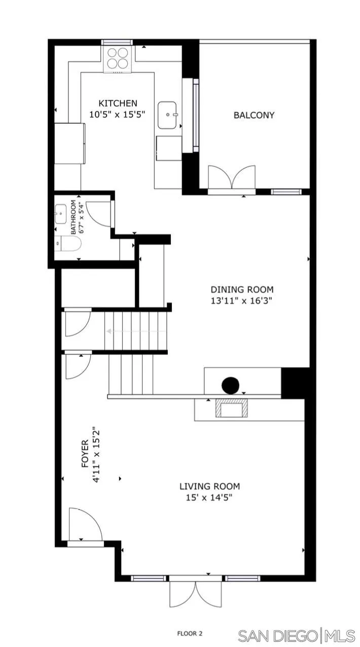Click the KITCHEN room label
[118, 103]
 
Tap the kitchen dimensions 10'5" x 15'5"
[118, 115]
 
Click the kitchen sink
[167, 116]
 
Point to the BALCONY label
[254, 115]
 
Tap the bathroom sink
[61, 214]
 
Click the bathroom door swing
[97, 213]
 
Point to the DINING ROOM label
[242, 290]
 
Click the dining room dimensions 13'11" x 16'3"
[242, 301]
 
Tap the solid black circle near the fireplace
[231, 386]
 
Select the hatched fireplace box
[232, 408]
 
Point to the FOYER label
[85, 453]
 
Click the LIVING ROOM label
[209, 486]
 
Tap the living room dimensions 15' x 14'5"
[209, 497]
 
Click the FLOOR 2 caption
[190, 633]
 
